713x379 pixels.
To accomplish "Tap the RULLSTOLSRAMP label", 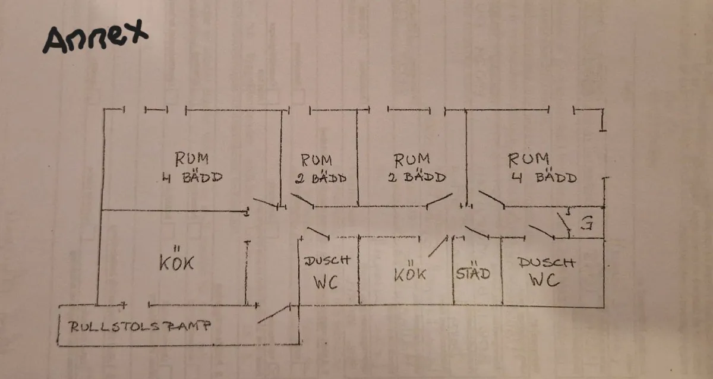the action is tap(140, 327).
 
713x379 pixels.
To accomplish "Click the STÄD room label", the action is tap(473, 273).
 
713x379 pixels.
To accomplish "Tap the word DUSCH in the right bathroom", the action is tap(547, 262).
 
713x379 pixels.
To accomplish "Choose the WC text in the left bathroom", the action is tap(326, 282).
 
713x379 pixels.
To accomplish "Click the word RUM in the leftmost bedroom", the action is tap(191, 159).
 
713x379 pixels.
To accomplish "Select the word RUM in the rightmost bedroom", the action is tap(528, 160).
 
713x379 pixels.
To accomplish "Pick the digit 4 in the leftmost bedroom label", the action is tap(166, 178).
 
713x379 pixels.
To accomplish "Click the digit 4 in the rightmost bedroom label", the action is tap(516, 177).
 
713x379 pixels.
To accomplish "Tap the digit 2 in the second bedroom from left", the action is tap(300, 179).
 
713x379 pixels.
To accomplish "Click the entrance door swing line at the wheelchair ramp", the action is tap(274, 314).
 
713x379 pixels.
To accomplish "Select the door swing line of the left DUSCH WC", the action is tap(318, 233).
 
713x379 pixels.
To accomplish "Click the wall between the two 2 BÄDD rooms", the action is tap(358, 158).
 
